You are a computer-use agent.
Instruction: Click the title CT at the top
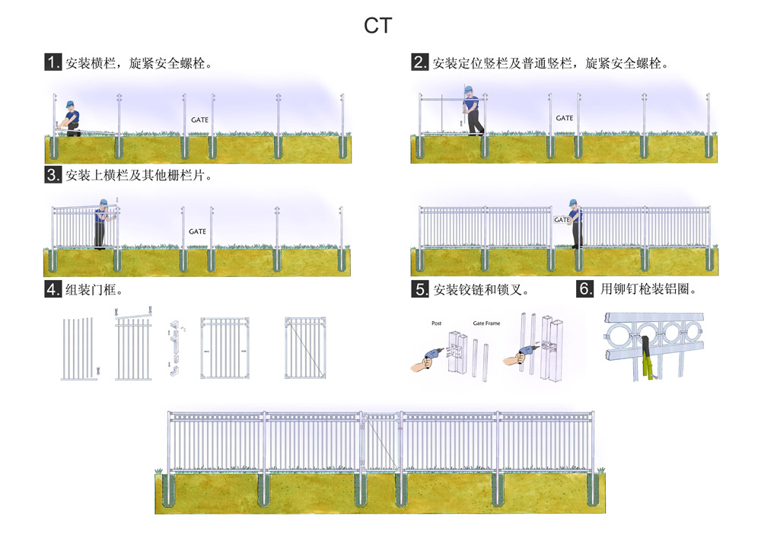pyautogui.click(x=377, y=25)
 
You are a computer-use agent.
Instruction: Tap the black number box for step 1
pyautogui.click(x=53, y=62)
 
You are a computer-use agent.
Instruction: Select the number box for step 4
pyautogui.click(x=53, y=289)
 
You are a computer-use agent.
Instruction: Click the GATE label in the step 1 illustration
pyautogui.click(x=199, y=120)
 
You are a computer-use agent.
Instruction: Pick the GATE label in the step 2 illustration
pyautogui.click(x=564, y=118)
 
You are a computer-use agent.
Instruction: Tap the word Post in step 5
pyautogui.click(x=437, y=323)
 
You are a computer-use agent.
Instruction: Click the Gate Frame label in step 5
pyautogui.click(x=486, y=323)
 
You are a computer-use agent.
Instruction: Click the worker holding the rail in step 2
pyautogui.click(x=472, y=111)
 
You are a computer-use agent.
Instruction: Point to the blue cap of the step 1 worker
pyautogui.click(x=68, y=104)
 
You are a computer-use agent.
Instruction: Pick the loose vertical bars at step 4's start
pyautogui.click(x=79, y=348)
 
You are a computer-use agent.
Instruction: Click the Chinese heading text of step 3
pyautogui.click(x=138, y=176)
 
